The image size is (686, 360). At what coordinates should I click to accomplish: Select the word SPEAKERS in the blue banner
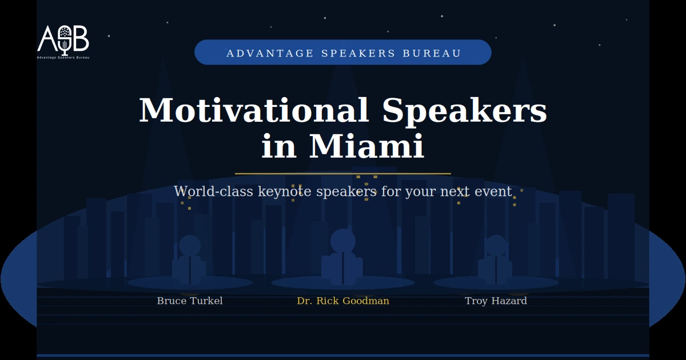358,53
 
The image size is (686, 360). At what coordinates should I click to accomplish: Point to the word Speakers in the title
465,110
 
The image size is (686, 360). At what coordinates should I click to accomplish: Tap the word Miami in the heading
366,146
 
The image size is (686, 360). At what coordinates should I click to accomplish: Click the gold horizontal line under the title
343,173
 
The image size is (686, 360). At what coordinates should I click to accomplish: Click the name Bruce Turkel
190,301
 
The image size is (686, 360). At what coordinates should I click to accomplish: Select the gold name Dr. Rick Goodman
343,301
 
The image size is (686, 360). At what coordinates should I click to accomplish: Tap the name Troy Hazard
496,301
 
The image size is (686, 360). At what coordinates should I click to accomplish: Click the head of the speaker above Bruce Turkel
190,246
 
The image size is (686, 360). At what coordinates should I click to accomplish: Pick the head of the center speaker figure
343,241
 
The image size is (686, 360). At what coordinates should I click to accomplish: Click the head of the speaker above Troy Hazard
496,246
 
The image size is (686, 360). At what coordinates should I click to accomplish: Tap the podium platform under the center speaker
343,283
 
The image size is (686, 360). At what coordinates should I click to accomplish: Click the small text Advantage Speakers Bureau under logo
63,57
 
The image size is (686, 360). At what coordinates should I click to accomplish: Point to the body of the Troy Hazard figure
496,270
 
